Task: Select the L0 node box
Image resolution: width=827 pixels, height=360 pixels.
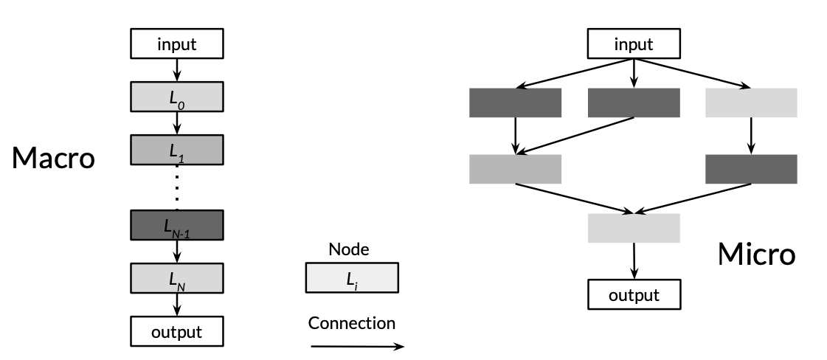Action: (x=176, y=96)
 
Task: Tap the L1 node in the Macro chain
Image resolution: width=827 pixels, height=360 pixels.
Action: (x=176, y=149)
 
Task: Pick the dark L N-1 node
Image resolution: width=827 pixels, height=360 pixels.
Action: (x=176, y=225)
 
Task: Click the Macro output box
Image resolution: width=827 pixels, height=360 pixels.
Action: (x=176, y=331)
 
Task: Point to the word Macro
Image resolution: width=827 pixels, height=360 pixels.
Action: (x=53, y=158)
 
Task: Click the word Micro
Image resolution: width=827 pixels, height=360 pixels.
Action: (x=756, y=255)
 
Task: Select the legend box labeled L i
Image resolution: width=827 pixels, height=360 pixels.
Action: (x=352, y=278)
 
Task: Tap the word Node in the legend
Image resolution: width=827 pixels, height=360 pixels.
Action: (x=349, y=249)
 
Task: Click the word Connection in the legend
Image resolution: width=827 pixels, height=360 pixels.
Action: (x=352, y=323)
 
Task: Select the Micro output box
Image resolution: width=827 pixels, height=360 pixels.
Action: (x=634, y=295)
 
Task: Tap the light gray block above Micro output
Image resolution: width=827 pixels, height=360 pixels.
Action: (x=634, y=228)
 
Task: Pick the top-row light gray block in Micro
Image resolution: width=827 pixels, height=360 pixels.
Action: (x=751, y=103)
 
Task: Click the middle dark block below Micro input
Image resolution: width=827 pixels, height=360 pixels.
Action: (x=634, y=103)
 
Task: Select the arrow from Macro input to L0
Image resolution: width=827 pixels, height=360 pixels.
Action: (x=177, y=70)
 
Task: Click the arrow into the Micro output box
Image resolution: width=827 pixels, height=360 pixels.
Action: (x=634, y=261)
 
